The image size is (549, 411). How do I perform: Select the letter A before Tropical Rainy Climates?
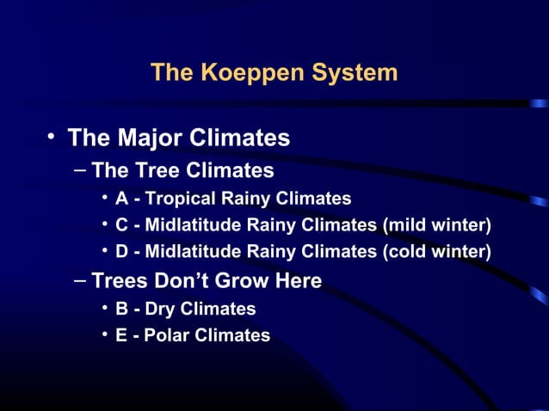pyautogui.click(x=122, y=199)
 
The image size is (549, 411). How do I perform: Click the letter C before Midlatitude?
pyautogui.click(x=122, y=225)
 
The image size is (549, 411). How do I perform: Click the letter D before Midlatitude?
pyautogui.click(x=122, y=252)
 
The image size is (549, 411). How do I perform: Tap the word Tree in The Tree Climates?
pyautogui.click(x=156, y=169)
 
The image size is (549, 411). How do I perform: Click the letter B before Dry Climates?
pyautogui.click(x=122, y=308)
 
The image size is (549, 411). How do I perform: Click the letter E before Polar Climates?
pyautogui.click(x=122, y=334)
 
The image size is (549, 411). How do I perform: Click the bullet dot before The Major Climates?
pyautogui.click(x=52, y=137)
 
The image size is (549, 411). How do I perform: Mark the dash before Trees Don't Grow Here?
pyautogui.click(x=79, y=280)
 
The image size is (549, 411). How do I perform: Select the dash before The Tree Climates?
pyautogui.click(x=79, y=169)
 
